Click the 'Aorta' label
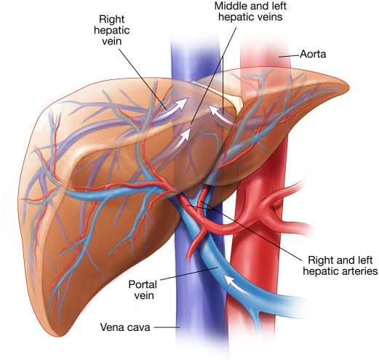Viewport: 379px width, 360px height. (x=313, y=54)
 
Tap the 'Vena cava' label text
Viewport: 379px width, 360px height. (x=125, y=327)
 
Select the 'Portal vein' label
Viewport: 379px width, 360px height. (x=143, y=290)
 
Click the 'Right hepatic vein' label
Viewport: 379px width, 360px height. (x=112, y=30)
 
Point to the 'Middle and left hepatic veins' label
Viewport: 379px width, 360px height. (x=250, y=12)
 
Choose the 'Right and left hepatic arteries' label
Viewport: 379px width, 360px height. (x=340, y=265)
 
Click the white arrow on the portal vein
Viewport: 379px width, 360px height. (x=235, y=284)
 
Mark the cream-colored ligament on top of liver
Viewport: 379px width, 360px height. (x=232, y=100)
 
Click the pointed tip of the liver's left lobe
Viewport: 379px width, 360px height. (x=349, y=86)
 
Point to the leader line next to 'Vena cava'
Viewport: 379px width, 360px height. (x=167, y=327)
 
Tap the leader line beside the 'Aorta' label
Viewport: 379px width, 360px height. (x=289, y=56)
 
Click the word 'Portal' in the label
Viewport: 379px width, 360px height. (x=143, y=284)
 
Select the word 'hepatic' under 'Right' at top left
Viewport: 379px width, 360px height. (x=112, y=31)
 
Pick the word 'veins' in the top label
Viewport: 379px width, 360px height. (x=271, y=17)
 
